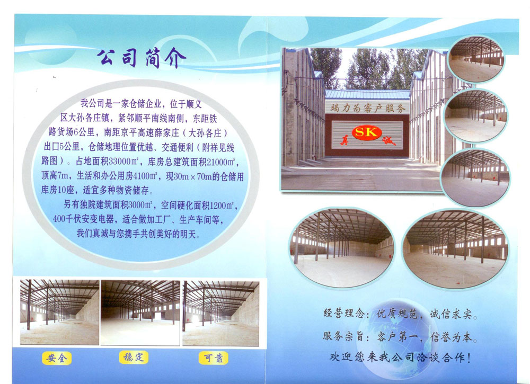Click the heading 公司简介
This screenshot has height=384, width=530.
pyautogui.click(x=142, y=58)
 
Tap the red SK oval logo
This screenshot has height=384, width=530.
pyautogui.click(x=367, y=132)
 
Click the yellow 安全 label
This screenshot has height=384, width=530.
pyautogui.click(x=57, y=358)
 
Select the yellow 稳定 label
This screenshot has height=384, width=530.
pyautogui.click(x=134, y=357)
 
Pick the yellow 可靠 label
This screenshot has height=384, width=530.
pyautogui.click(x=213, y=358)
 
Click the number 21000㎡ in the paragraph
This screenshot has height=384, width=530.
pyautogui.click(x=221, y=162)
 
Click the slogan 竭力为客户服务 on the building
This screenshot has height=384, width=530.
pyautogui.click(x=367, y=108)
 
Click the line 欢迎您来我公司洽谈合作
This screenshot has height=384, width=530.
pyautogui.click(x=400, y=358)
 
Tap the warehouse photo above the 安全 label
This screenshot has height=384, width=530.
pyautogui.click(x=59, y=312)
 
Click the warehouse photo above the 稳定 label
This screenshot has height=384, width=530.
pyautogui.click(x=140, y=312)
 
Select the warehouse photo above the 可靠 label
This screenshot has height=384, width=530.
pyautogui.click(x=220, y=313)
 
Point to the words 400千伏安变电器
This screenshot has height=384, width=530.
pyautogui.click(x=84, y=219)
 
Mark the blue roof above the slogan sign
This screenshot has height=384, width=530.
pyautogui.click(x=367, y=94)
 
